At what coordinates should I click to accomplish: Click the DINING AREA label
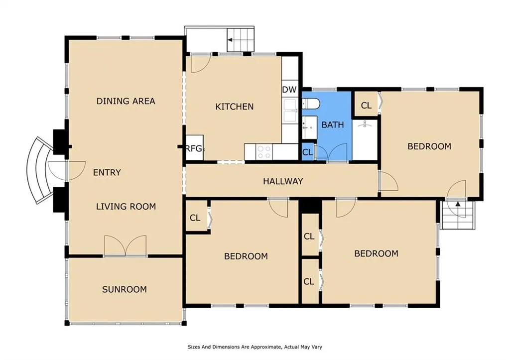click(126, 101)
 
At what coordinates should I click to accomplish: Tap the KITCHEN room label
click(234, 107)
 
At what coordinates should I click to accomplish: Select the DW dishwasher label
click(289, 90)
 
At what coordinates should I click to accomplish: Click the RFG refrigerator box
click(195, 148)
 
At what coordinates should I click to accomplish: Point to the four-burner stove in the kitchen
click(264, 152)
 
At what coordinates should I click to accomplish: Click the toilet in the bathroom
click(310, 104)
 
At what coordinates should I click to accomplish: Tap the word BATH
click(332, 125)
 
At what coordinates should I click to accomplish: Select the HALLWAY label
click(283, 181)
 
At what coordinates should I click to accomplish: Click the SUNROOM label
click(124, 289)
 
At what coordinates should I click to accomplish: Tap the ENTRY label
click(107, 172)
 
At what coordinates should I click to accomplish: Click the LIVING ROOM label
click(126, 207)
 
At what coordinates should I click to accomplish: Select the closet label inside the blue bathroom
click(307, 152)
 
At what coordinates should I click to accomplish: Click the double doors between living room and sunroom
click(125, 246)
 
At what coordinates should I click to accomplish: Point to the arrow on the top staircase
click(230, 40)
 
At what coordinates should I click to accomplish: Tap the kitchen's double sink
click(290, 111)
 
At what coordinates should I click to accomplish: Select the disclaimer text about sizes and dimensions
click(255, 347)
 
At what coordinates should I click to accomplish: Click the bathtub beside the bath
click(365, 140)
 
